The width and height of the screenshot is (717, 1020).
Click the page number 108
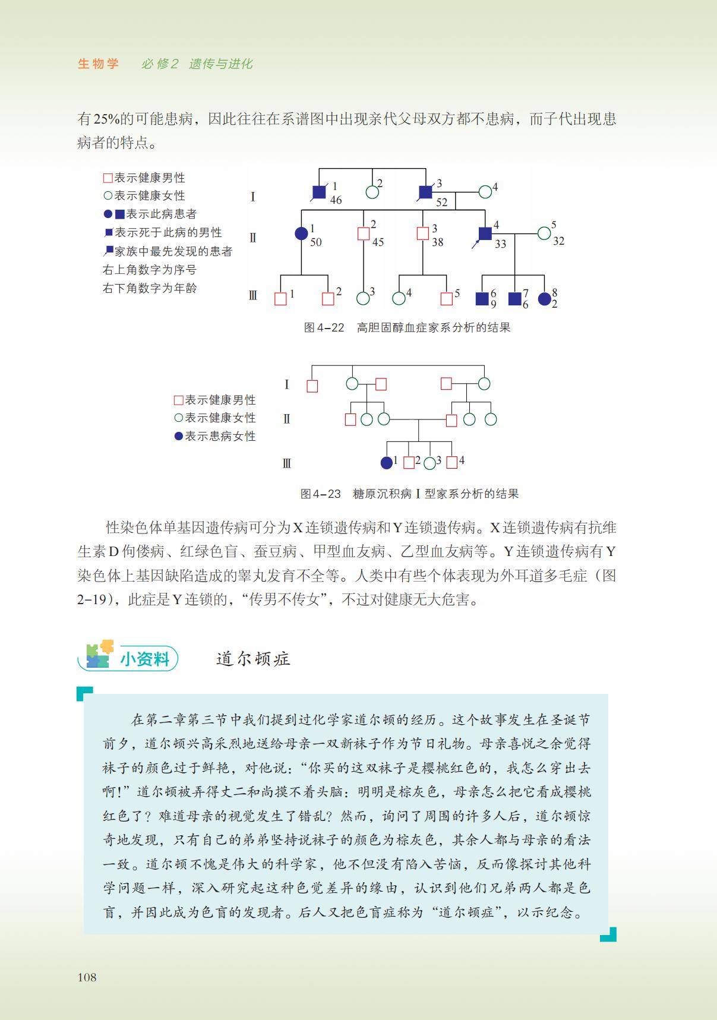pos(87,977)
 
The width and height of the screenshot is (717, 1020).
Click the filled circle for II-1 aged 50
pos(301,233)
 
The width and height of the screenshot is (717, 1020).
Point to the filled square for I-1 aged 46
pos(319,192)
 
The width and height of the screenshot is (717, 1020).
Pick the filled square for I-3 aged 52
pos(425,192)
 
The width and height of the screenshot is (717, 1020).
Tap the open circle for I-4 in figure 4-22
pos(485,192)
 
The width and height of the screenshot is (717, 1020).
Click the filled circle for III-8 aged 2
pos(544,299)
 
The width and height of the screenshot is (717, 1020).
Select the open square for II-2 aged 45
pos(364,233)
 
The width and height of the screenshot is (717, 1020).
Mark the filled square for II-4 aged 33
pos(485,233)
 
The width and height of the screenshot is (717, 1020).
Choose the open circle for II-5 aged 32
pos(544,233)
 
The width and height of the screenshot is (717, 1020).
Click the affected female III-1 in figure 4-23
pos(387,462)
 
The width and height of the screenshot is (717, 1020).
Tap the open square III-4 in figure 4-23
pos(451,462)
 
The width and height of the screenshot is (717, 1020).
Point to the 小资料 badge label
pos(145,659)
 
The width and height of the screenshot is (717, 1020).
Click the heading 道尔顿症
pos(253,659)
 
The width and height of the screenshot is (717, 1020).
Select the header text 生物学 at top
pos(99,64)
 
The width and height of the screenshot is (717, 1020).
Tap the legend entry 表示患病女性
pos(220,436)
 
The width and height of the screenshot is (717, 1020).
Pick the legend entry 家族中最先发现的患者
pos(173,251)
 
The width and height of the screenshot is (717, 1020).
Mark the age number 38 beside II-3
pos(438,242)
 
